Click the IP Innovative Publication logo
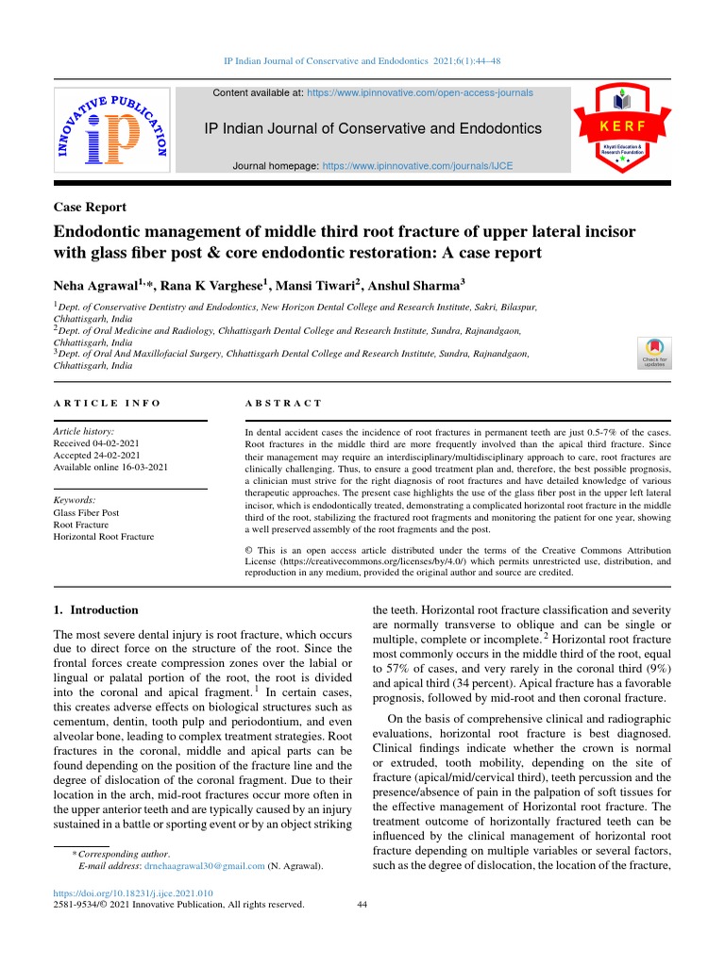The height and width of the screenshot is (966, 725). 111,129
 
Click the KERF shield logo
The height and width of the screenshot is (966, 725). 620,126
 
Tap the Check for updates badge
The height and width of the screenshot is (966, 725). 654,352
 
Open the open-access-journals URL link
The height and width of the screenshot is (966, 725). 420,93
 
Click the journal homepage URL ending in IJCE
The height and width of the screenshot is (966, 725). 417,165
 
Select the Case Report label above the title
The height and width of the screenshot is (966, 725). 90,208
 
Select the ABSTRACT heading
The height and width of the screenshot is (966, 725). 283,403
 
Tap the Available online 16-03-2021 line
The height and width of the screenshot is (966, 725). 110,466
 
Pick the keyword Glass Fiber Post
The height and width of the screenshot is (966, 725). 86,513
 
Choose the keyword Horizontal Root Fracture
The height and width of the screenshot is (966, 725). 103,537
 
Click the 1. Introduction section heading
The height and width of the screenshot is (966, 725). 96,609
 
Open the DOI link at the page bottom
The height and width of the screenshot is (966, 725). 132,892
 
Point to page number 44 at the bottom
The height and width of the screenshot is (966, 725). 362,904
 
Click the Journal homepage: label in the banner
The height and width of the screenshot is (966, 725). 277,165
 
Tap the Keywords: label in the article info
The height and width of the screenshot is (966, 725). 75,500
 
